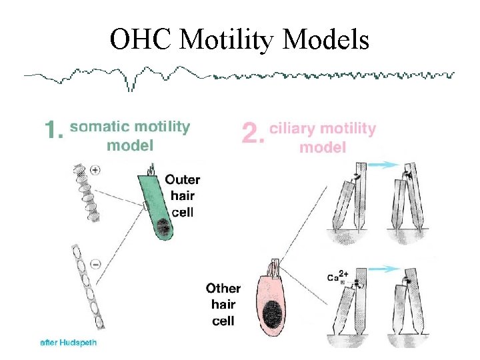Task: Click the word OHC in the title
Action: (x=141, y=41)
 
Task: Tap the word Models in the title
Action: (x=325, y=41)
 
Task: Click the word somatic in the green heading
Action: (x=99, y=127)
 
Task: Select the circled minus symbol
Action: (x=95, y=264)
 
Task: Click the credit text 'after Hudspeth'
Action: (x=66, y=342)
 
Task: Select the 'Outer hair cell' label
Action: (x=182, y=196)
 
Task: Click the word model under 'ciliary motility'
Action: (x=323, y=146)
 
